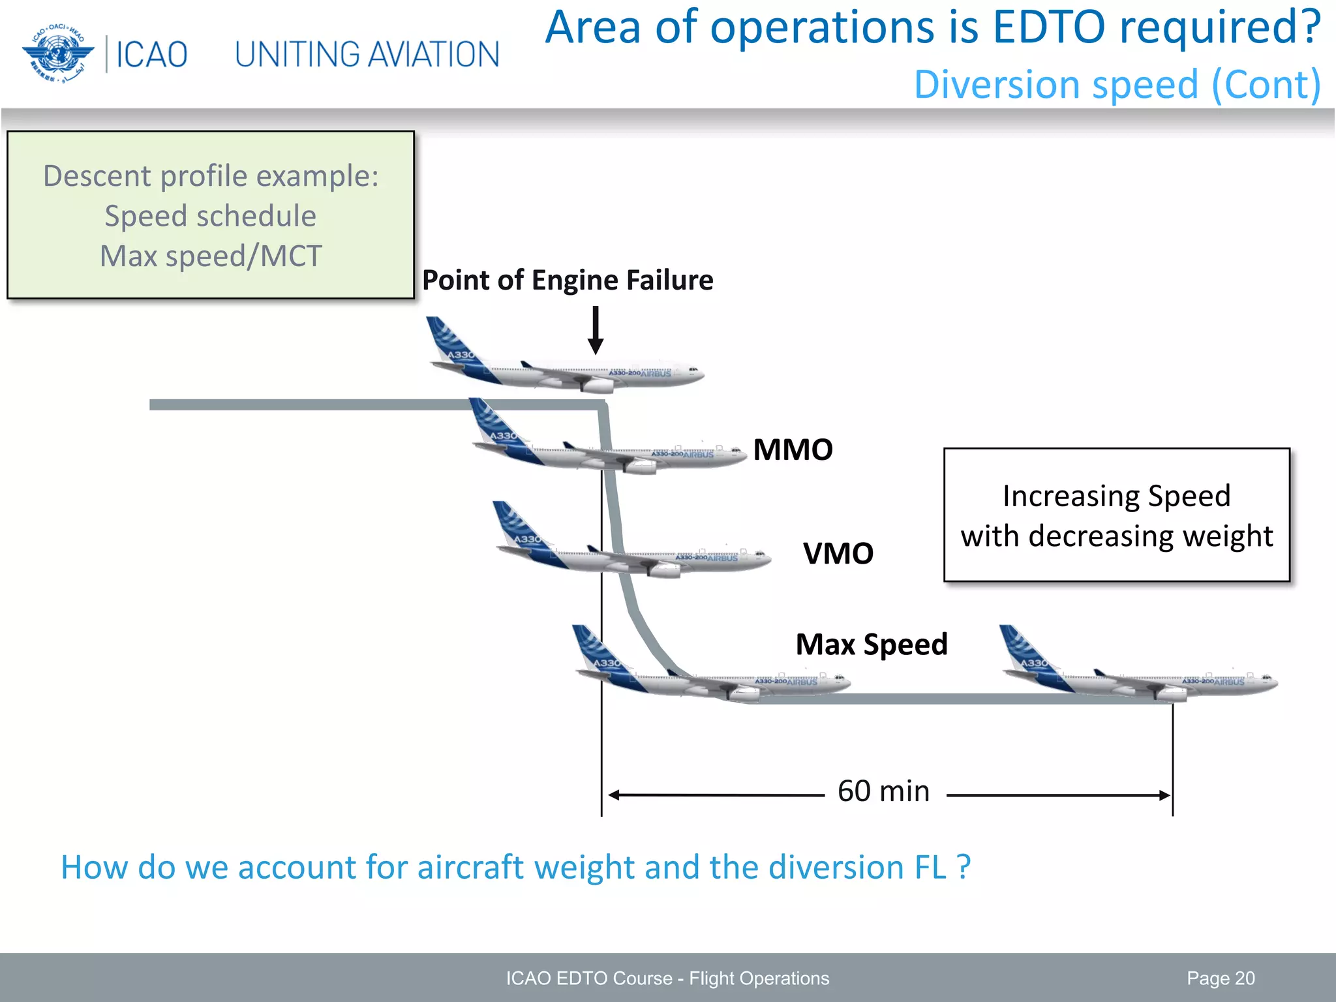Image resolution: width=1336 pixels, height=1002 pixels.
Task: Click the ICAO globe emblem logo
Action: pyautogui.click(x=57, y=54)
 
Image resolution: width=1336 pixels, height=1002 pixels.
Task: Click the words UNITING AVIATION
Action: pyautogui.click(x=367, y=55)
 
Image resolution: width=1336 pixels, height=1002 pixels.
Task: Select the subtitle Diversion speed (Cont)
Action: pyautogui.click(x=1117, y=85)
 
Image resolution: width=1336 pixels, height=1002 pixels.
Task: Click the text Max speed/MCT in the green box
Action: pyautogui.click(x=211, y=256)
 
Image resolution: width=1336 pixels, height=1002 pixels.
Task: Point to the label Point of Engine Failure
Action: pyautogui.click(x=567, y=280)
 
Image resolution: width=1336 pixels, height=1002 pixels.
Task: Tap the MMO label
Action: pyautogui.click(x=793, y=449)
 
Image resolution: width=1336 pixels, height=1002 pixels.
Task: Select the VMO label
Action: pyautogui.click(x=838, y=553)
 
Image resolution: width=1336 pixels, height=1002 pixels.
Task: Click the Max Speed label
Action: pyautogui.click(x=871, y=645)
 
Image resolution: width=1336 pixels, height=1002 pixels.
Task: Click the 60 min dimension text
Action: pyautogui.click(x=883, y=791)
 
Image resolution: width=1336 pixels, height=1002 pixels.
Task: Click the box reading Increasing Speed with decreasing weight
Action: pyautogui.click(x=1116, y=515)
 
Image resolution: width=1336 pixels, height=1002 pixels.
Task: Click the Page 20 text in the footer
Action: pyautogui.click(x=1220, y=978)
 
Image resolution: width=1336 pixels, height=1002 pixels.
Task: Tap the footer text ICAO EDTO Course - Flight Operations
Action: pyautogui.click(x=667, y=978)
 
